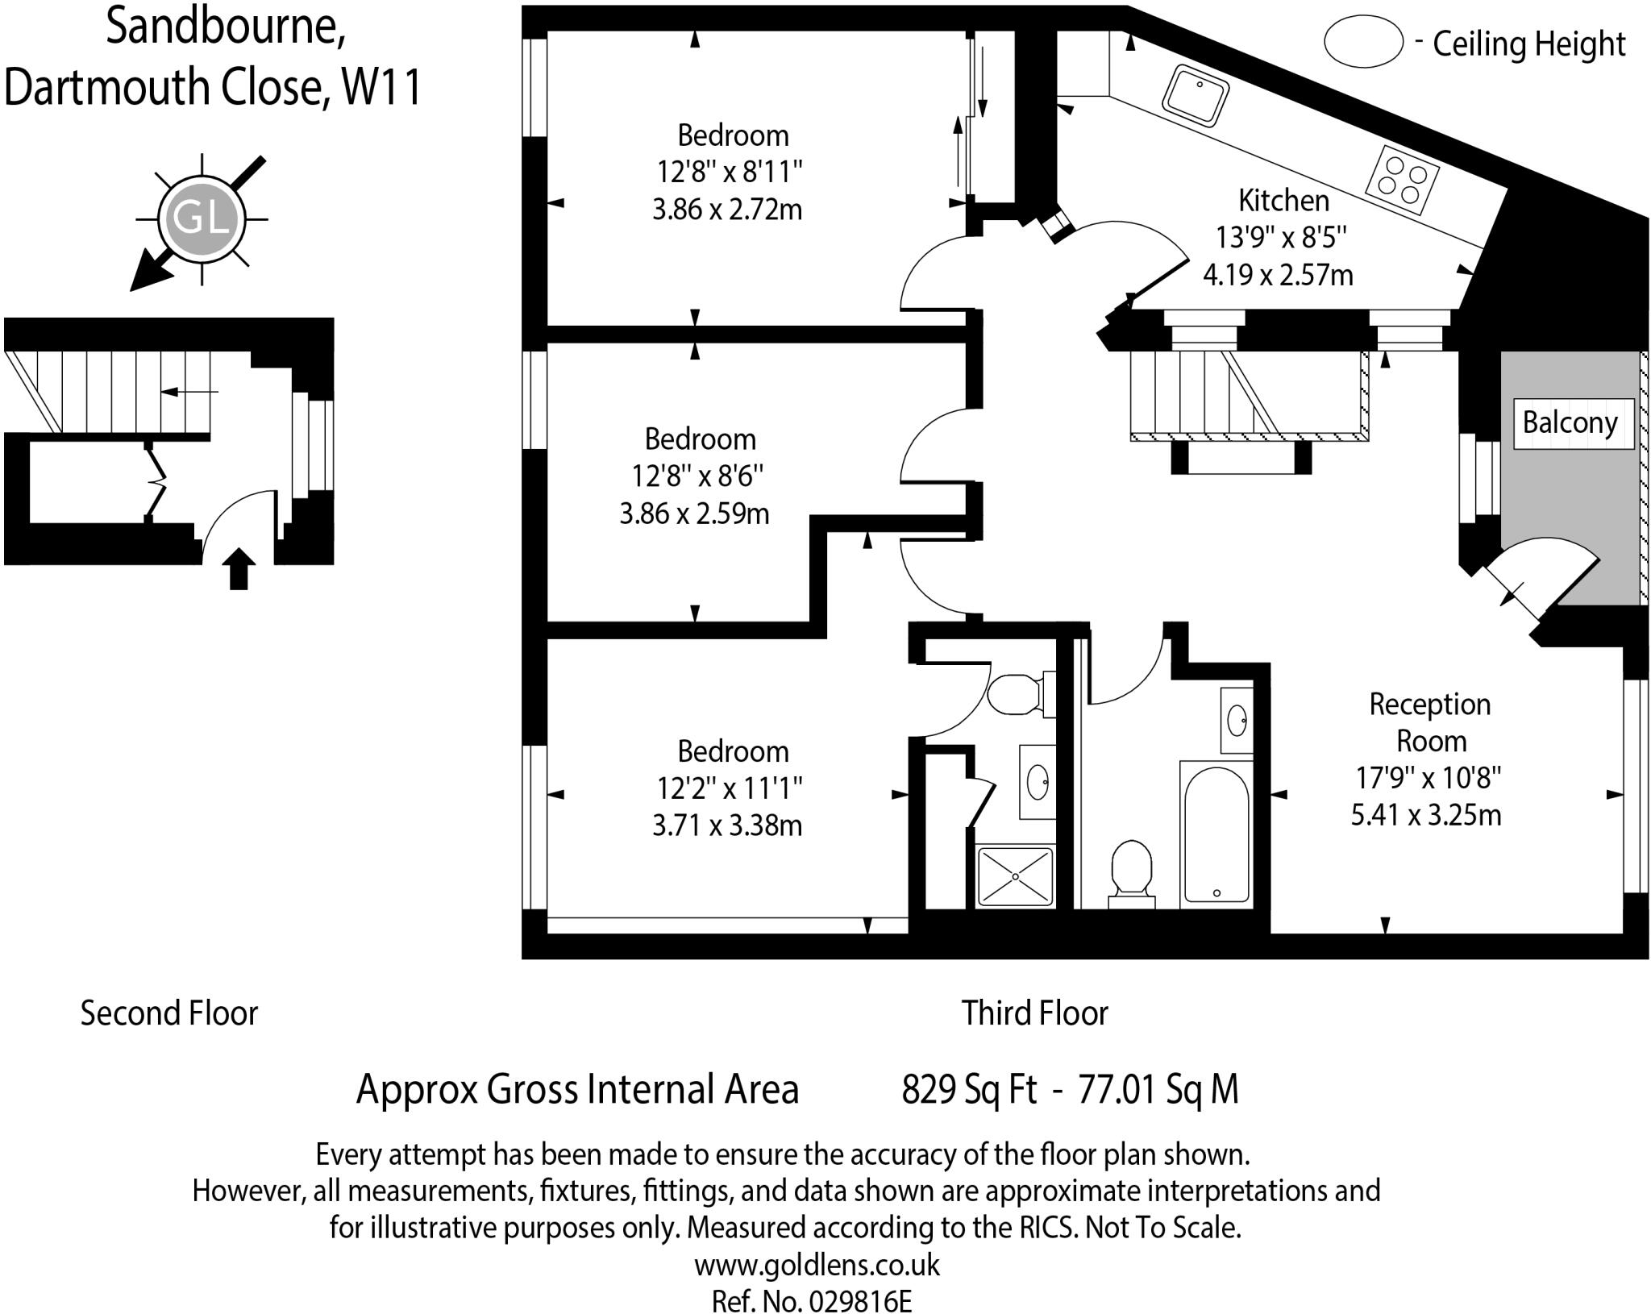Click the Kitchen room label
point(1283,200)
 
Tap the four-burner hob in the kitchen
point(1403,180)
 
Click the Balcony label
point(1570,422)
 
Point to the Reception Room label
point(1430,722)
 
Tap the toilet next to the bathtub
point(1131,875)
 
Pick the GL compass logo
point(201,218)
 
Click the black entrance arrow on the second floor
point(239,568)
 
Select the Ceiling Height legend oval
point(1363,42)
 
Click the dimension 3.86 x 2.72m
point(727,210)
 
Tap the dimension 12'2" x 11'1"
point(730,788)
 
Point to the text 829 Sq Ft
point(969,1089)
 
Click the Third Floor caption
point(1035,1013)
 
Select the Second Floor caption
point(169,1013)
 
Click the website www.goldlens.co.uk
point(817,1264)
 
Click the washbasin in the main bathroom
point(1237,720)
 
